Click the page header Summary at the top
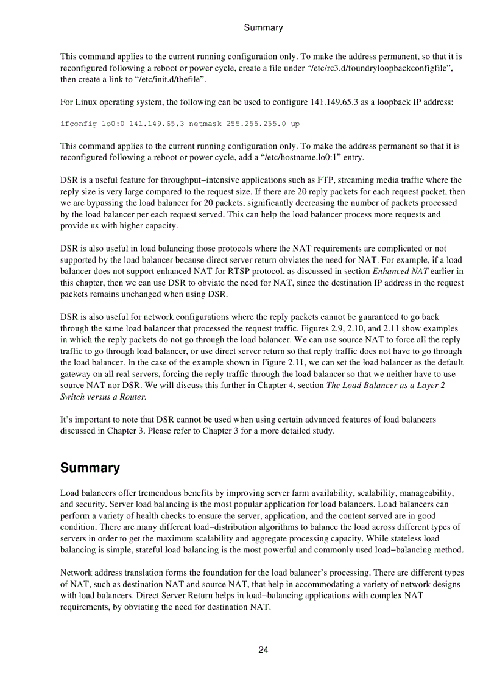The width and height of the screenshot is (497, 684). [263, 28]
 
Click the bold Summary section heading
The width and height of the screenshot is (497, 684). [90, 468]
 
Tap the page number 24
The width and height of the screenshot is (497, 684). [263, 650]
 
